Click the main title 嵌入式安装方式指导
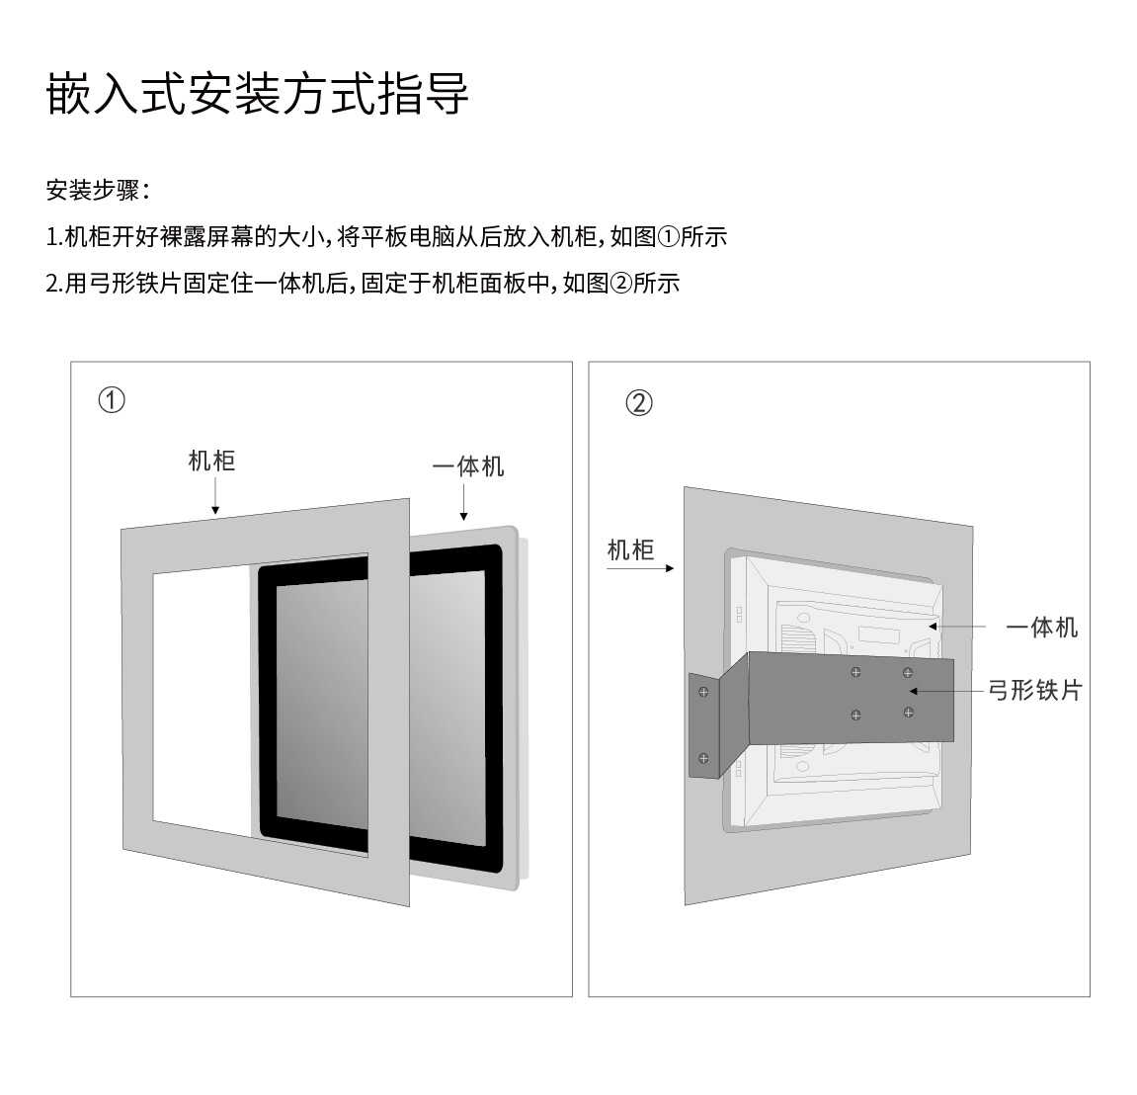[258, 94]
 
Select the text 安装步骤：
[97, 190]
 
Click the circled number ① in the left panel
[112, 400]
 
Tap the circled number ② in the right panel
[639, 403]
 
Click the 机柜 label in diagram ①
[211, 461]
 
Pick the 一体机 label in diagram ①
[467, 466]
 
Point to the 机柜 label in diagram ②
[630, 549]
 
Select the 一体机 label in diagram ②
[1041, 628]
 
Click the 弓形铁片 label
[1034, 690]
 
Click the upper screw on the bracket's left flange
[703, 691]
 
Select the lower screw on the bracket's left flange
[703, 758]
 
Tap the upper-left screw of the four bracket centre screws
[855, 672]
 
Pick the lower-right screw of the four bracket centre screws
[908, 712]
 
